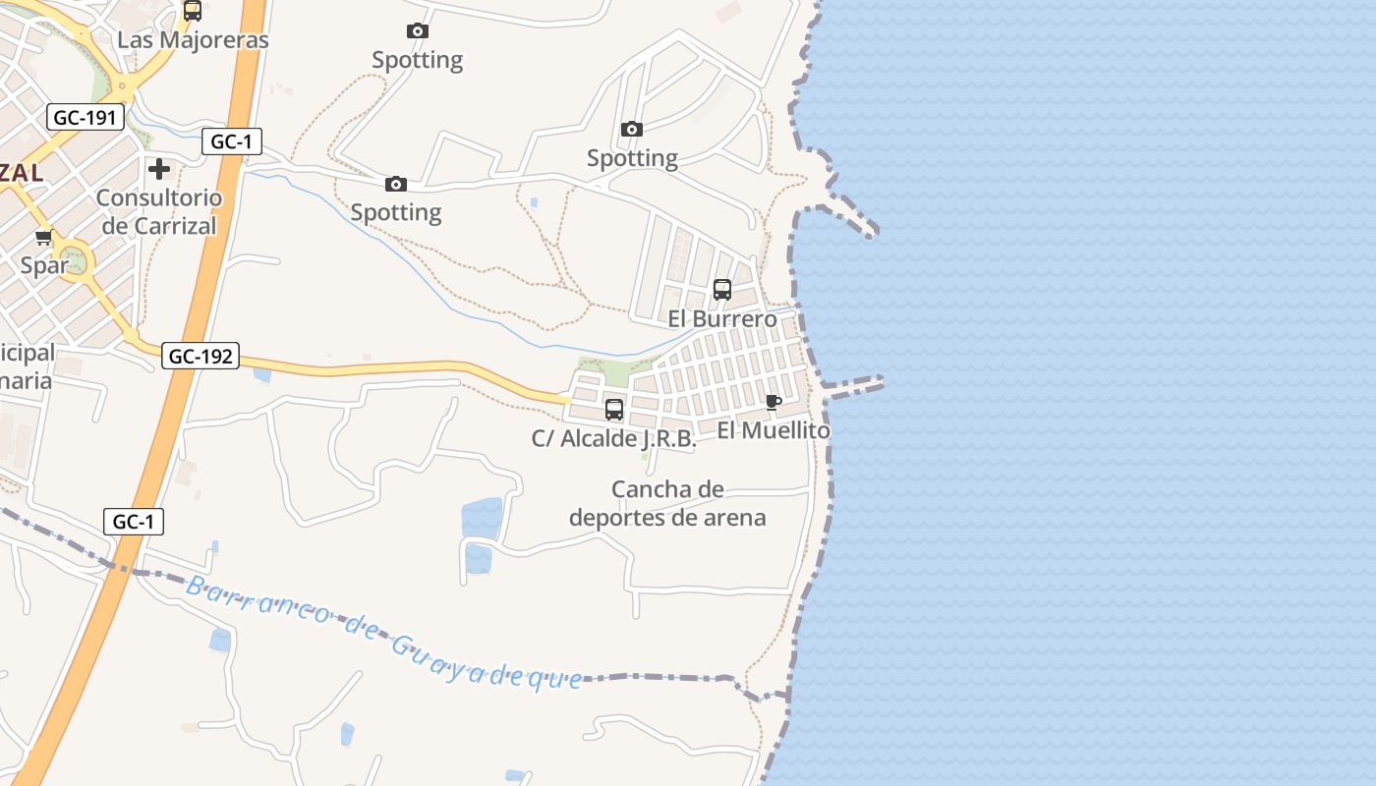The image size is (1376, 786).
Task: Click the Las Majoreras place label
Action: pos(193,40)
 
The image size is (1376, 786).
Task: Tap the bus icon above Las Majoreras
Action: pos(193,11)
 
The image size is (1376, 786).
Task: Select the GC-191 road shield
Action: pos(86,118)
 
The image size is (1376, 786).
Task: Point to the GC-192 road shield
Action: pos(201,356)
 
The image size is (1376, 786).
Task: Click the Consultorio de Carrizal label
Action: pos(159,211)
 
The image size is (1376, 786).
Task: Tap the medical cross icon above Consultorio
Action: pos(159,169)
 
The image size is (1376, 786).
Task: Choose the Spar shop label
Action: pos(44,265)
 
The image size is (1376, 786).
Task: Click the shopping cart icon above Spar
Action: pos(44,238)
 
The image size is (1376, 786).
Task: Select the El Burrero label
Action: pos(722,318)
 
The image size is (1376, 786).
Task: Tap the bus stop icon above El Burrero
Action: pos(722,290)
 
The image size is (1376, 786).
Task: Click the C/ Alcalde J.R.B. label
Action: pos(614,438)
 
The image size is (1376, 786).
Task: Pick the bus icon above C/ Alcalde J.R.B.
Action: pos(614,410)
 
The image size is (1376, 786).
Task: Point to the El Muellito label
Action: pos(774,430)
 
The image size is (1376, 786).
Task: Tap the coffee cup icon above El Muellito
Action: pos(774,402)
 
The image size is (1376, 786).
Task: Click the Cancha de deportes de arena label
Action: pos(667,503)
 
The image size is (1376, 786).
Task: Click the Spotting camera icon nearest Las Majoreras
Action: pos(418,31)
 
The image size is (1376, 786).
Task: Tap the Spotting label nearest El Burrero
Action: pos(632,158)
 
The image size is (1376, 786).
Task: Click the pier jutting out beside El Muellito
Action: pos(855,385)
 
